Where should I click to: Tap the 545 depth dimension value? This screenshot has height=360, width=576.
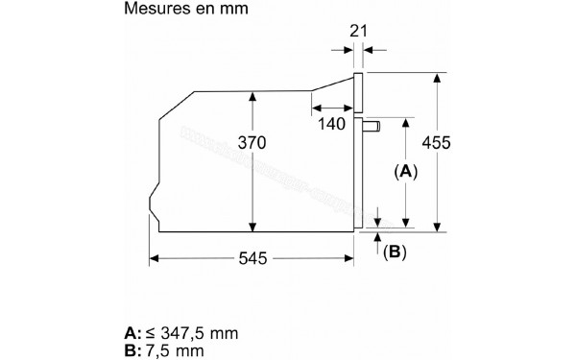click(252, 259)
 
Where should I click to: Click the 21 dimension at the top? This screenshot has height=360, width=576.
click(360, 32)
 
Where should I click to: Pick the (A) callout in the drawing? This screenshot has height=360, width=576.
click(404, 172)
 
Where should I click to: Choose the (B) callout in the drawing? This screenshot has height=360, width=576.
click(395, 252)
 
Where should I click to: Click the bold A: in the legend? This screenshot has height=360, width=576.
click(132, 332)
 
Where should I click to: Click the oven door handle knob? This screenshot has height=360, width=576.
click(376, 124)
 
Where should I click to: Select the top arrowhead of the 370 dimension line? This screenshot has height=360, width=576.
click(252, 95)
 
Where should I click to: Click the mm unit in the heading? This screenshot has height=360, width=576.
click(235, 9)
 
